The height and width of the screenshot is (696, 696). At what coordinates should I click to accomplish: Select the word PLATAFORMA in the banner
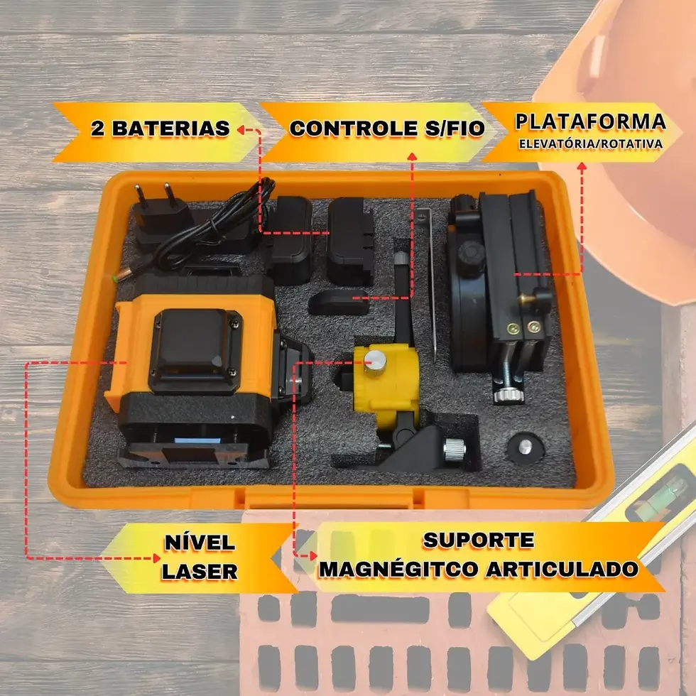(x=591, y=121)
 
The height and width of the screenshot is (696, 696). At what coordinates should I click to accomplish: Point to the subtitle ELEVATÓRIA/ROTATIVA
(x=591, y=143)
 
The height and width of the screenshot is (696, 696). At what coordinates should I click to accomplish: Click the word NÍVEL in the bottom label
(x=200, y=543)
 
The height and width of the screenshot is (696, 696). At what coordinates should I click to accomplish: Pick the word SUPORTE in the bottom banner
(x=479, y=540)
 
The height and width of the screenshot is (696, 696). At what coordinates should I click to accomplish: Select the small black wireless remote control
(x=338, y=301)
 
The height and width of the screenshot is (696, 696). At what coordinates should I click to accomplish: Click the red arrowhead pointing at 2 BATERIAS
(x=242, y=129)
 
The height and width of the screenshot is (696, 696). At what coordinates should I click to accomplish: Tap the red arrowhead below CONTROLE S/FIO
(x=411, y=156)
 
